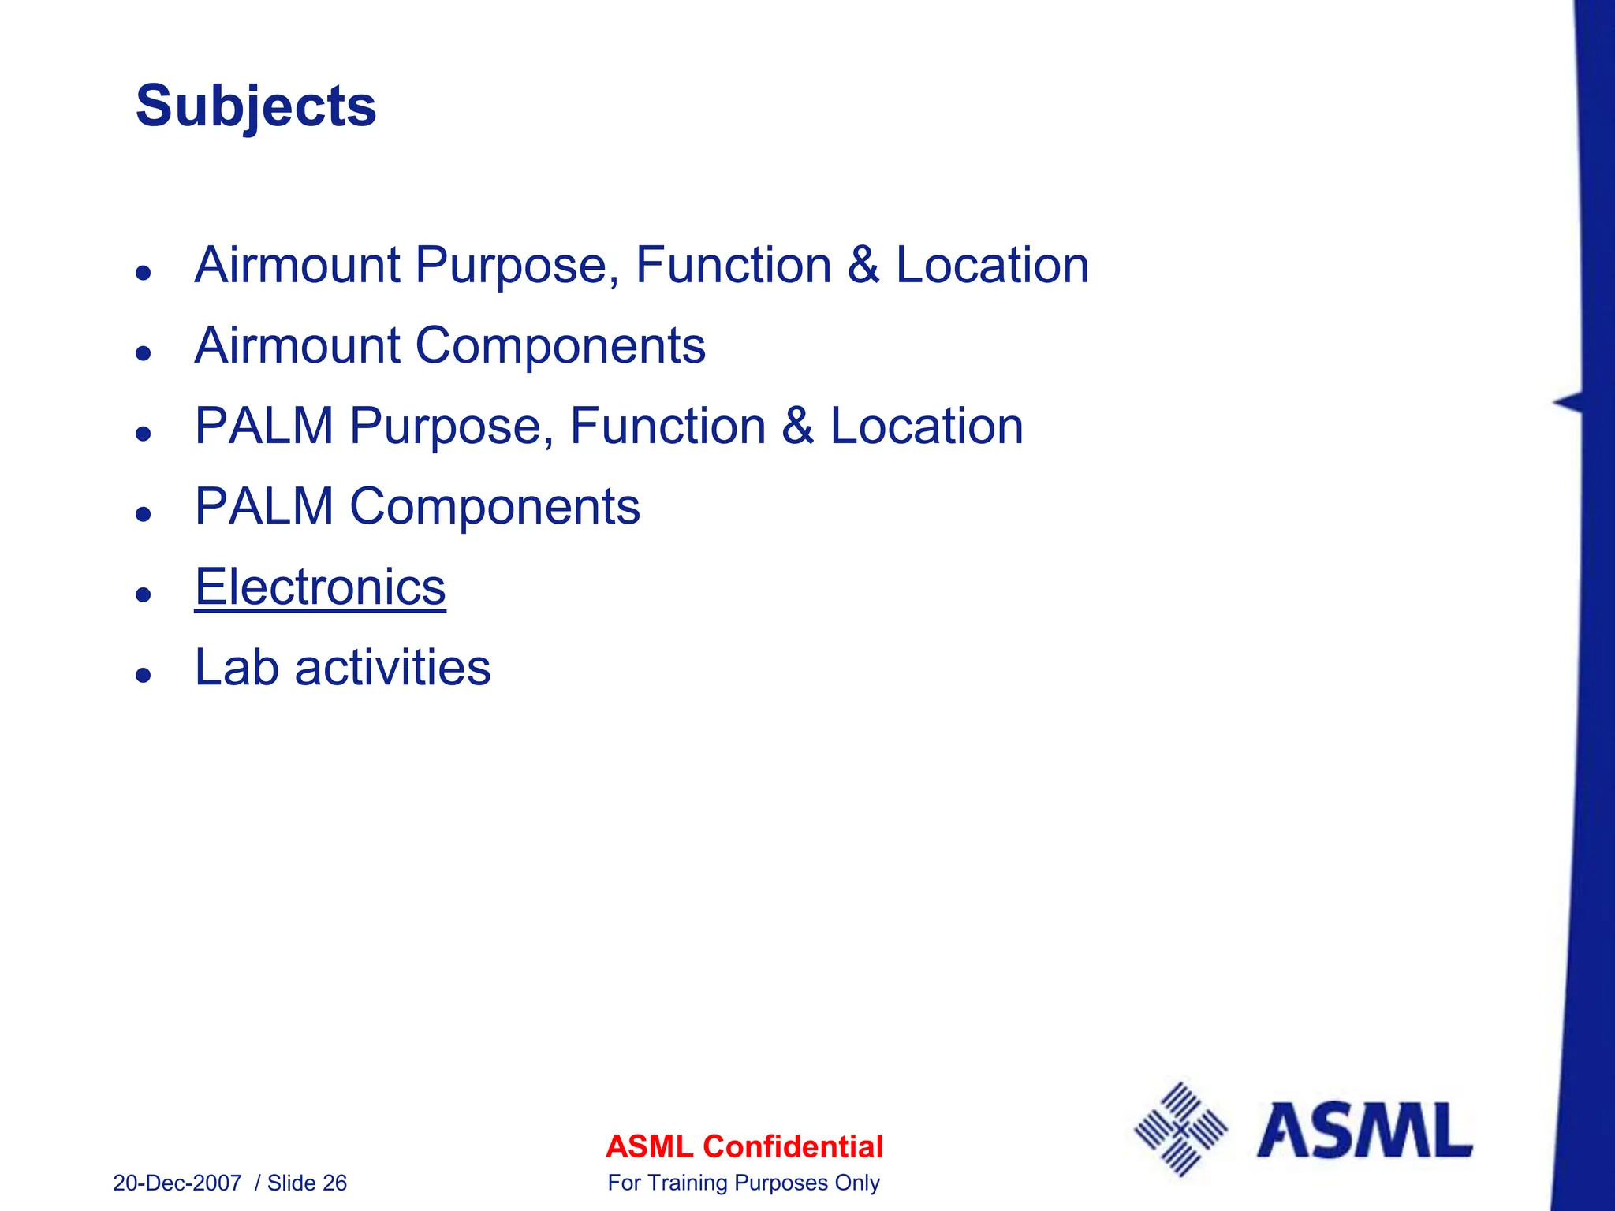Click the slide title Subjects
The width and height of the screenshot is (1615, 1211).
(255, 106)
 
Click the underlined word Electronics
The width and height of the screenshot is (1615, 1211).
(320, 587)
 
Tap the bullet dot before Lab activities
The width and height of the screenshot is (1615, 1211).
(143, 674)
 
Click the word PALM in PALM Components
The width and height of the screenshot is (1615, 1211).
(264, 506)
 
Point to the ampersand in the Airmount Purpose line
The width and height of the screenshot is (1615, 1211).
(863, 265)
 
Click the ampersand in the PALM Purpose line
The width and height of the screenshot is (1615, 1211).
(798, 426)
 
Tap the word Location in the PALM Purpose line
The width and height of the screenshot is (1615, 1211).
(927, 426)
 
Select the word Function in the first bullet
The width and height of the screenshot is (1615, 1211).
(733, 265)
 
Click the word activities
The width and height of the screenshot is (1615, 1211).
(393, 668)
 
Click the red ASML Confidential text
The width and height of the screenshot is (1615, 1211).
(744, 1146)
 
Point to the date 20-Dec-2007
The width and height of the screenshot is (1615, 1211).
(177, 1183)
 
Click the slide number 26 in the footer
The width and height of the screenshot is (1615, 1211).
(334, 1183)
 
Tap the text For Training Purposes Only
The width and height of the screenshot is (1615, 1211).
(744, 1183)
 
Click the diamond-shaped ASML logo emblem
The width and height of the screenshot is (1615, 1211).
(1180, 1130)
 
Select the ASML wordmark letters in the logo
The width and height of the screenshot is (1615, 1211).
(1364, 1131)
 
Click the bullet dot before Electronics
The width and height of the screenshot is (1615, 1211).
(143, 594)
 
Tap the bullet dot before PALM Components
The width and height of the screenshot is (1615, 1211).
(143, 513)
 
